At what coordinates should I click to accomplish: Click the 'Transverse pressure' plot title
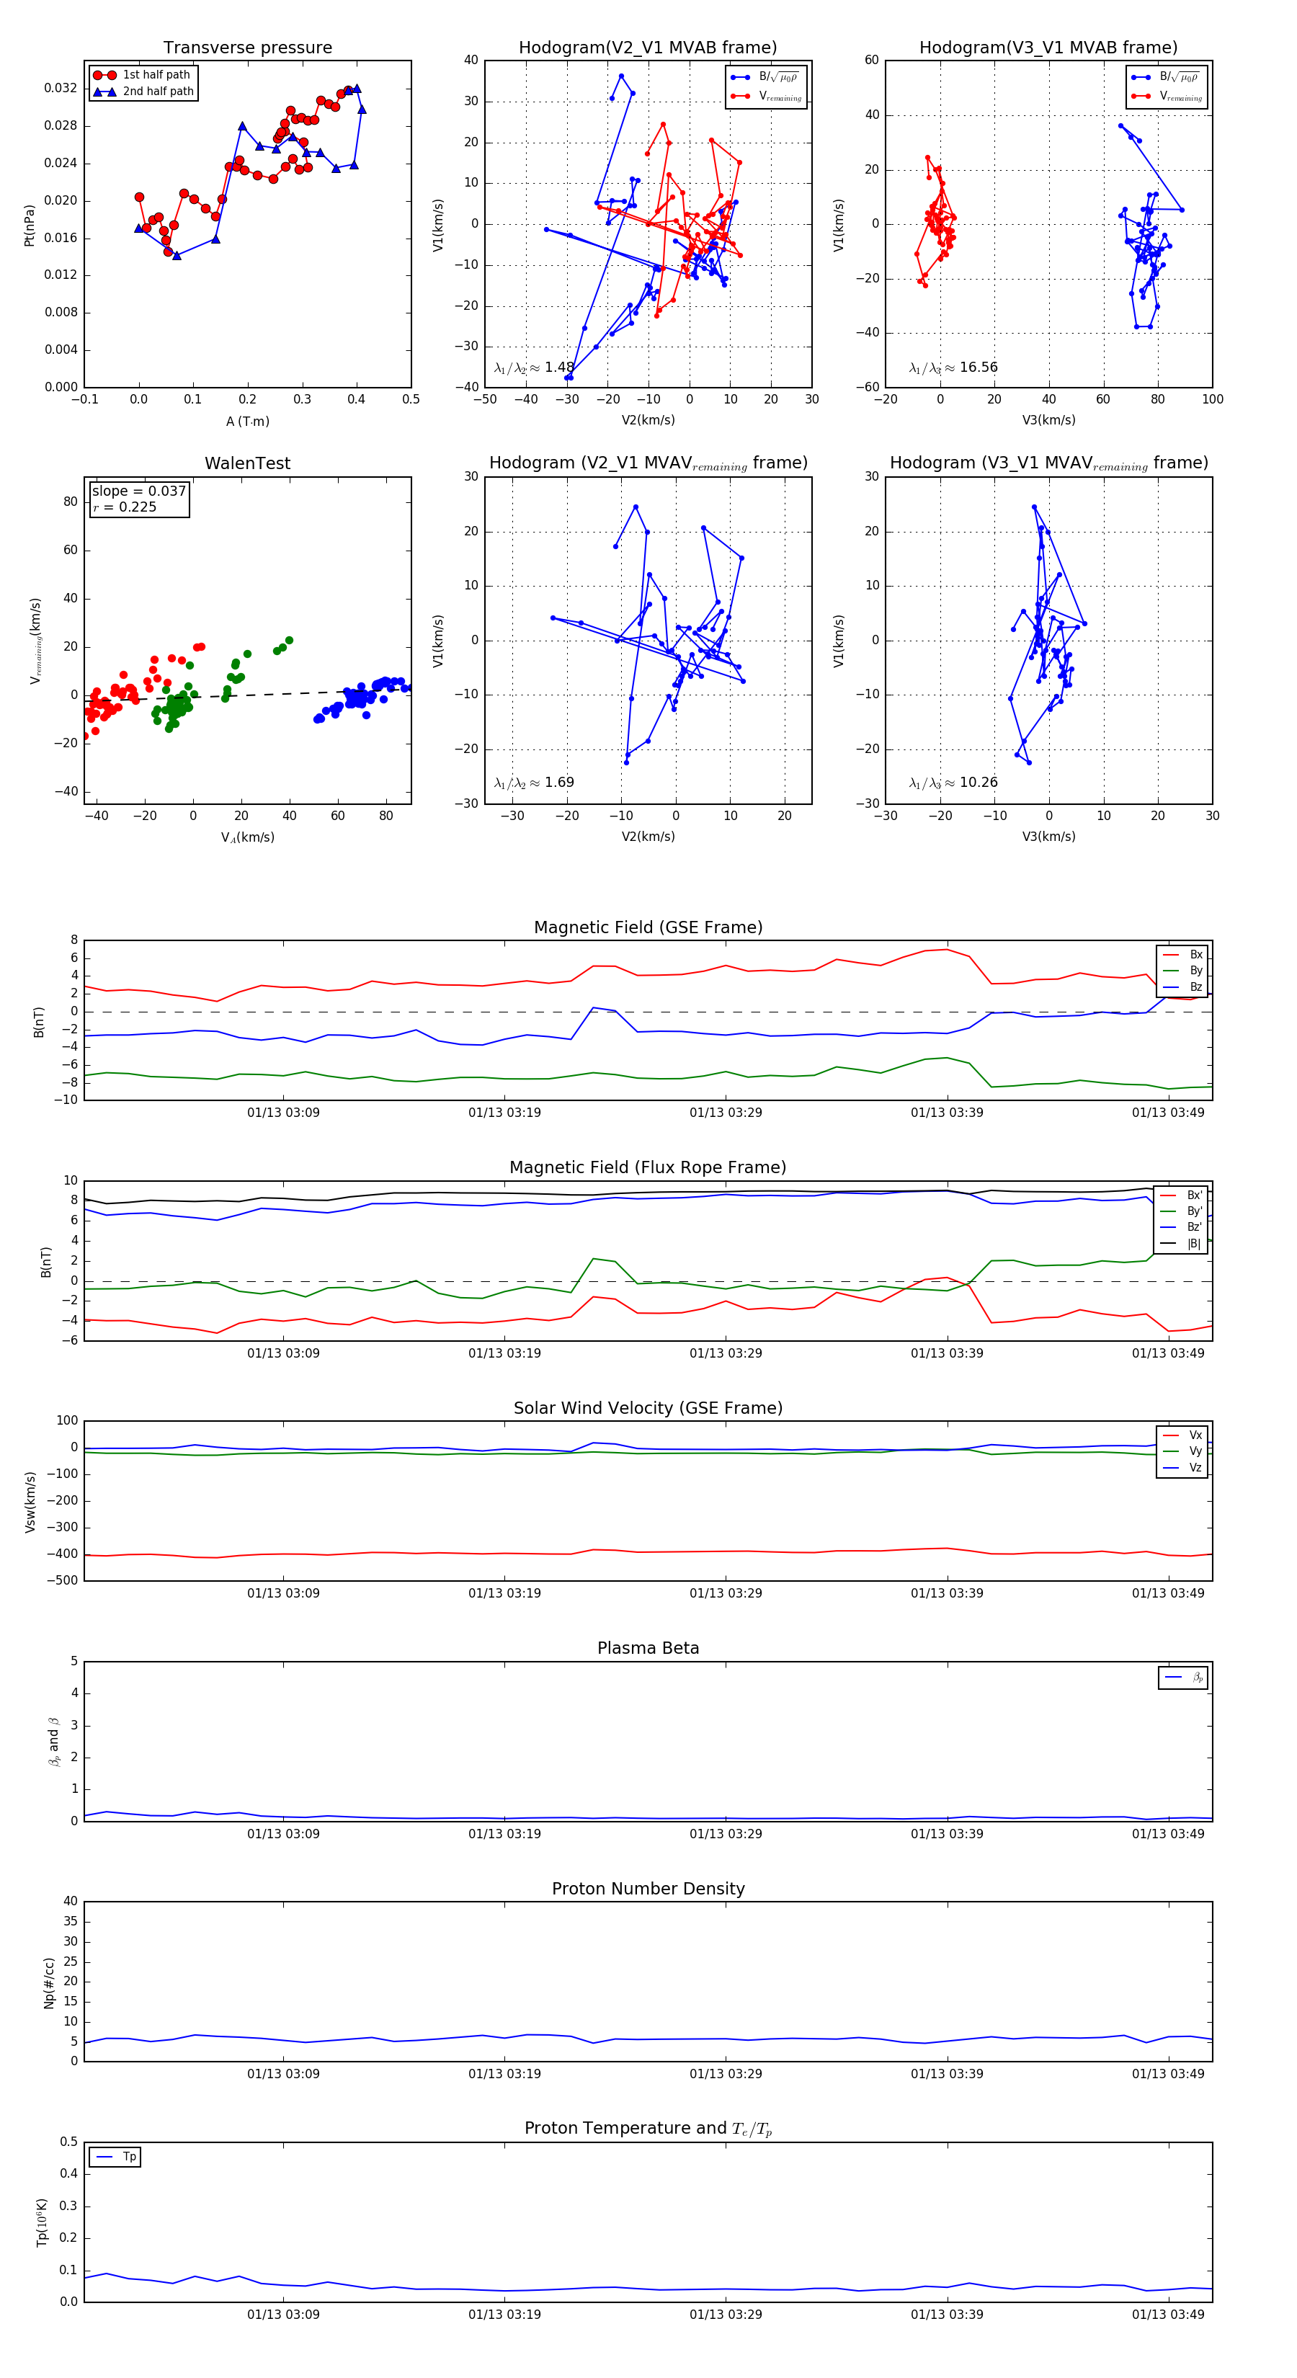pyautogui.click(x=247, y=48)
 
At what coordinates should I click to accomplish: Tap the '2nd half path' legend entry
pyautogui.click(x=158, y=92)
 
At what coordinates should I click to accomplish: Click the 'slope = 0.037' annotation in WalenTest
pyautogui.click(x=138, y=491)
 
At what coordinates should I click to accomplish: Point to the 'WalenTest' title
pyautogui.click(x=247, y=463)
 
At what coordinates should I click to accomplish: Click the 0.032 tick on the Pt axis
pyautogui.click(x=61, y=89)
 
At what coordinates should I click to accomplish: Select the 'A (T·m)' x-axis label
pyautogui.click(x=247, y=421)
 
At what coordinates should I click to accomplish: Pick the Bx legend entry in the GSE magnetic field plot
pyautogui.click(x=1195, y=955)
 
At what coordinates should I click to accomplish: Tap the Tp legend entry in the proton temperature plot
pyautogui.click(x=129, y=2157)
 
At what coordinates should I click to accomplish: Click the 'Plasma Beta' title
pyautogui.click(x=648, y=1648)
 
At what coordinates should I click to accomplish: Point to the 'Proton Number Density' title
pyautogui.click(x=648, y=1889)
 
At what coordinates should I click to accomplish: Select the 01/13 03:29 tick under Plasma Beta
pyautogui.click(x=726, y=1833)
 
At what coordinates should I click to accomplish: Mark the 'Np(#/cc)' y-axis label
pyautogui.click(x=49, y=1983)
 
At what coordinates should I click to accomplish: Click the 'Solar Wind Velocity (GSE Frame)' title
pyautogui.click(x=648, y=1408)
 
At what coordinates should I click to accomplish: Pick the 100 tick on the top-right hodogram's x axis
pyautogui.click(x=1212, y=400)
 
